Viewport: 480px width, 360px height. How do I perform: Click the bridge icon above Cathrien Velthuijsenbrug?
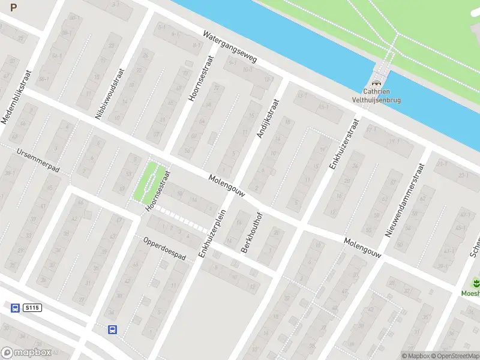click(x=377, y=83)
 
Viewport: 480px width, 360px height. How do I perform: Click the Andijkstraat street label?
click(x=268, y=119)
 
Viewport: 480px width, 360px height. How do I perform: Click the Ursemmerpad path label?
click(x=38, y=161)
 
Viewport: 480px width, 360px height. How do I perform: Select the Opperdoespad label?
click(x=164, y=248)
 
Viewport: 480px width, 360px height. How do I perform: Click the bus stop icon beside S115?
click(x=15, y=308)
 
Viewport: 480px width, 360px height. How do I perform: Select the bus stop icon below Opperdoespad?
click(x=112, y=329)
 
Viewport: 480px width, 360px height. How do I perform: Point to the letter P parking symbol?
click(x=14, y=8)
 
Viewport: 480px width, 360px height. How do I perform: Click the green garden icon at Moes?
click(x=476, y=282)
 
